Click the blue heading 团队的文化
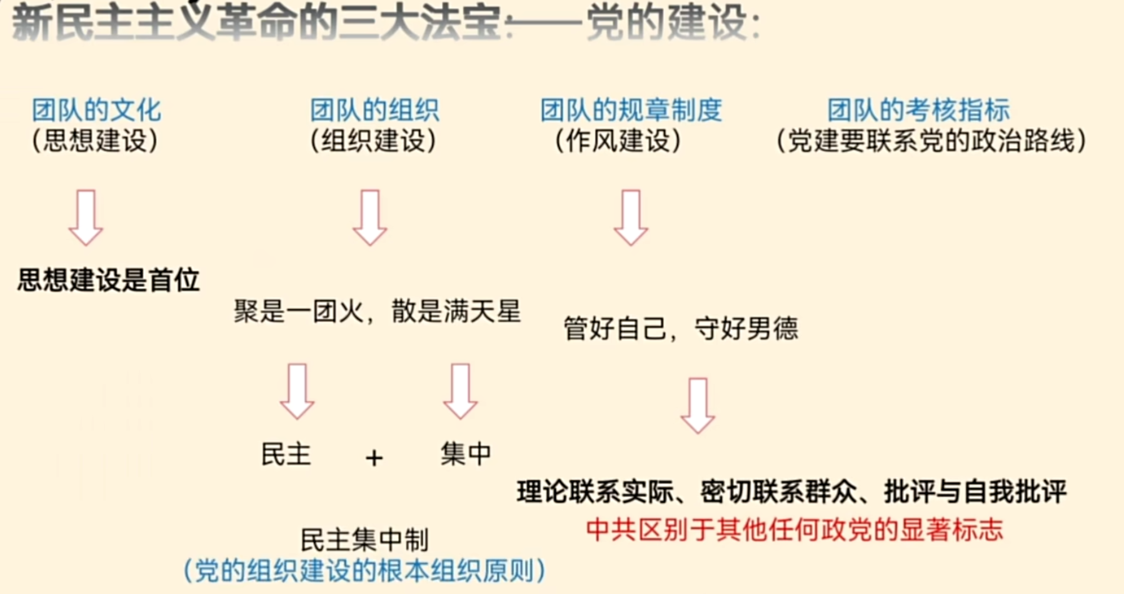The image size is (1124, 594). [97, 110]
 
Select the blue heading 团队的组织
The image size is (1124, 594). [374, 110]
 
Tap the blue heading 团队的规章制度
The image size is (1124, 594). [631, 110]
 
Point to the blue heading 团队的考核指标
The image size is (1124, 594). [918, 110]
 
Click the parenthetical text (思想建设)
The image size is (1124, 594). [95, 141]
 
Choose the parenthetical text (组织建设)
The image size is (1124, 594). [373, 141]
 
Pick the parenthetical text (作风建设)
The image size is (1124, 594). [618, 141]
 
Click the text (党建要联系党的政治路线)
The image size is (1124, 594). [931, 141]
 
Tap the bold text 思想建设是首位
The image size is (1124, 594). [108, 279]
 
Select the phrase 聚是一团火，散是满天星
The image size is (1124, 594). [377, 311]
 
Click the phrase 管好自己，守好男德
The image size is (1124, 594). [681, 328]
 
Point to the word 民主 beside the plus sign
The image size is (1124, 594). [286, 454]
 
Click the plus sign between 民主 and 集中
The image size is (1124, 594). [374, 458]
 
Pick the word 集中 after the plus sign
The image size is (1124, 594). [466, 453]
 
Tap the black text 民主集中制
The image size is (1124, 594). [364, 540]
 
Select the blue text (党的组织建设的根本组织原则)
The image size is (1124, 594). [364, 570]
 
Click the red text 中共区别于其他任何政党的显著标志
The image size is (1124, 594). [794, 530]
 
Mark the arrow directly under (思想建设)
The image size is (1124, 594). [86, 217]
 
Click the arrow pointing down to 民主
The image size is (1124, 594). [297, 391]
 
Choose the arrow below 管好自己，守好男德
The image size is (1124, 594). [698, 405]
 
